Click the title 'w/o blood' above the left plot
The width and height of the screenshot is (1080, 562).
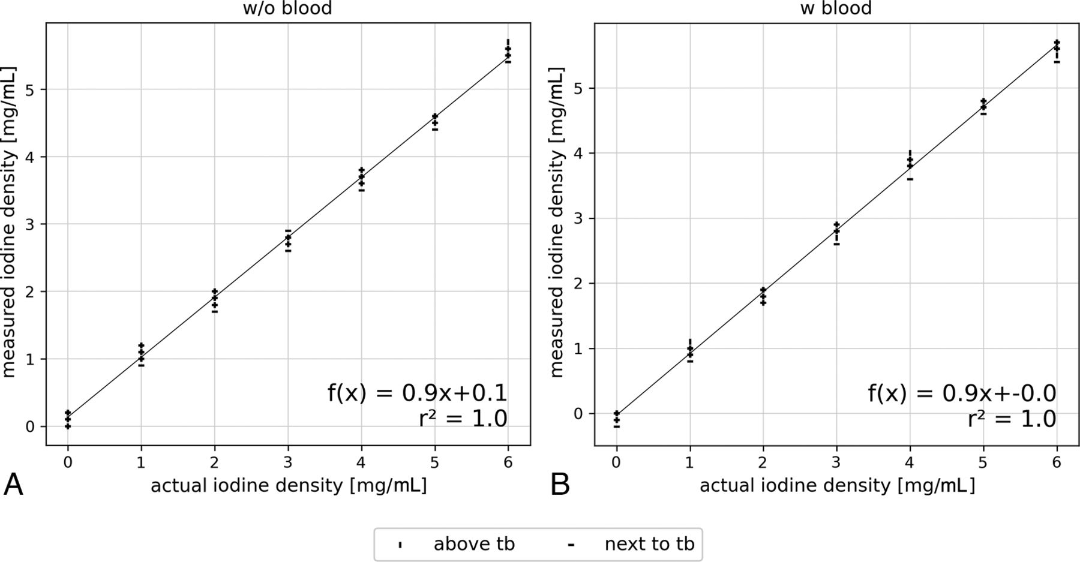(287, 8)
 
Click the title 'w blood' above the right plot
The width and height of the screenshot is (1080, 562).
(836, 8)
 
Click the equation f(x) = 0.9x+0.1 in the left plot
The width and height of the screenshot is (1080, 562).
(417, 393)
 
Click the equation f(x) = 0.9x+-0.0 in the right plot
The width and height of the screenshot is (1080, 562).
(962, 393)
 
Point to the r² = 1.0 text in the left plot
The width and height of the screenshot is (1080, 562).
(463, 419)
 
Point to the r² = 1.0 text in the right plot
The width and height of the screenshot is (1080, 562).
(1012, 419)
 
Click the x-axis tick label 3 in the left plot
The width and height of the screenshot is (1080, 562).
(288, 463)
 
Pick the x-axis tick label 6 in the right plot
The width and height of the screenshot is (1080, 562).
(1057, 463)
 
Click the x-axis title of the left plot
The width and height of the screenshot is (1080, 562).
(289, 485)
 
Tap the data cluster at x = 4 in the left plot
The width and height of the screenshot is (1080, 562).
(361, 179)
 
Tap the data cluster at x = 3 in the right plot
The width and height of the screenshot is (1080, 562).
(836, 233)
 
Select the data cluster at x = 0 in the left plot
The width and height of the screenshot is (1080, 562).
(68, 419)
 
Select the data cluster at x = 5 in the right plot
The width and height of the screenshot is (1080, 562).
(983, 106)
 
